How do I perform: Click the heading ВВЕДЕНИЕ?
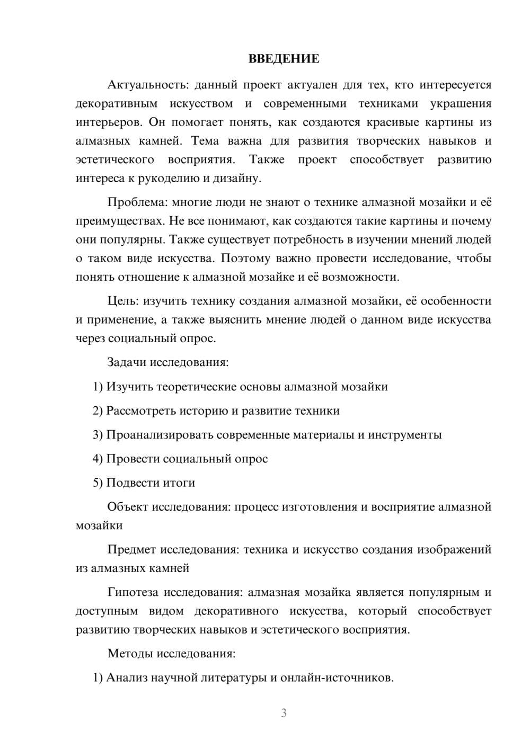click(x=284, y=59)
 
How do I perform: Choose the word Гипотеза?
click(x=133, y=592)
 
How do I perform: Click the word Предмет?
click(x=131, y=549)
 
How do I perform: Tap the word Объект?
click(x=128, y=506)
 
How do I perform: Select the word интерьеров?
click(x=109, y=122)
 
